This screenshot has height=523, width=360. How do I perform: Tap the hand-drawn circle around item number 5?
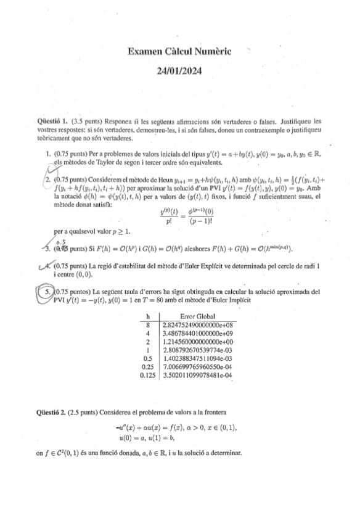click(x=45, y=292)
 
